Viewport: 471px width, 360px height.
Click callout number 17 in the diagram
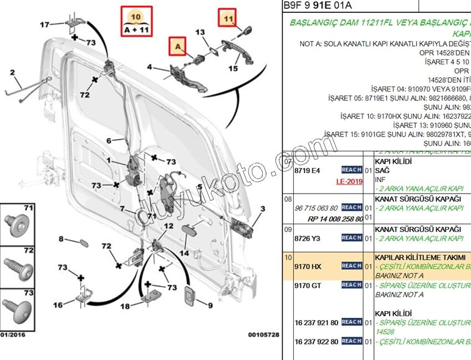click(x=45, y=24)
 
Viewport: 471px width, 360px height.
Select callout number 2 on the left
click(x=12, y=73)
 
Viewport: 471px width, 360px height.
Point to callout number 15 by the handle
click(x=233, y=69)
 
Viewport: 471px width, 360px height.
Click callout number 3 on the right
click(x=263, y=209)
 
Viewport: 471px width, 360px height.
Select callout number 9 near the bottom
click(x=210, y=305)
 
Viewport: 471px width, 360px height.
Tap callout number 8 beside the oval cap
click(x=62, y=239)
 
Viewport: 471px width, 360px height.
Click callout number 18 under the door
click(x=125, y=306)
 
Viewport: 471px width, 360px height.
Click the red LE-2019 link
click(x=349, y=181)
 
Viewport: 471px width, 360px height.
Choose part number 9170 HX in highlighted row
click(x=308, y=267)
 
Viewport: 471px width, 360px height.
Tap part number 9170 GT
click(x=308, y=285)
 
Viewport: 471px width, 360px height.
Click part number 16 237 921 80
click(x=316, y=322)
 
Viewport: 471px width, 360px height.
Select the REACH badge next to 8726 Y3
click(x=351, y=237)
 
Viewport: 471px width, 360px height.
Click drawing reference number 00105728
click(x=263, y=335)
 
